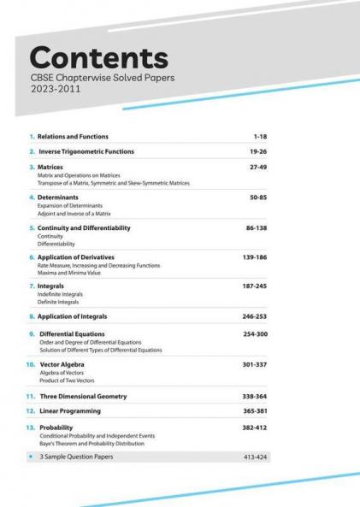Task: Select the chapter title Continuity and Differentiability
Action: tap(84, 228)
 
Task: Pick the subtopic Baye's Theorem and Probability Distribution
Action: tap(91, 443)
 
